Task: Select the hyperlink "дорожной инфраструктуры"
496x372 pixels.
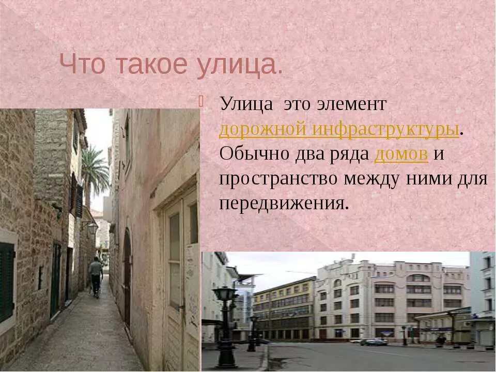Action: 339,129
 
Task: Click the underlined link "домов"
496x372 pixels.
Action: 401,154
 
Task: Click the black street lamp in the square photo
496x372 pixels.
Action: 225,326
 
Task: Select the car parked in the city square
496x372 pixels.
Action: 373,342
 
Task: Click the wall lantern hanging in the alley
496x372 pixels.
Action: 91,227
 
